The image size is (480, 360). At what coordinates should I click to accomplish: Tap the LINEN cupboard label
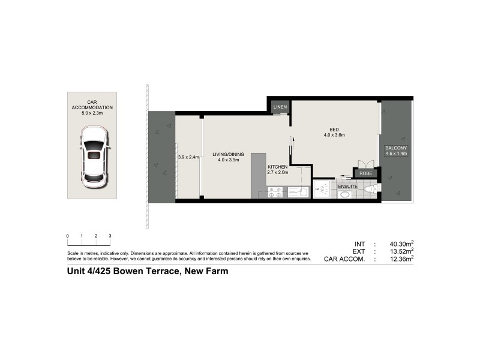280,107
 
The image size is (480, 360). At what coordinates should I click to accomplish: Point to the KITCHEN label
278,167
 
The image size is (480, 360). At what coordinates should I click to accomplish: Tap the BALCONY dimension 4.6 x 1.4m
396,154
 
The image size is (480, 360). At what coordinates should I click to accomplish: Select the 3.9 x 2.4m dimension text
188,157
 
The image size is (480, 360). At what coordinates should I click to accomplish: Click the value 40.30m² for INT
400,244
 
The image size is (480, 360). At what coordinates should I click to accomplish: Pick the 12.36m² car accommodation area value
400,259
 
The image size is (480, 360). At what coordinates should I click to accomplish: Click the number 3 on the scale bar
110,236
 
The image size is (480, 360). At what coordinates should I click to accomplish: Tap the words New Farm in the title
205,271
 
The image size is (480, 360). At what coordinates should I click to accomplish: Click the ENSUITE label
349,186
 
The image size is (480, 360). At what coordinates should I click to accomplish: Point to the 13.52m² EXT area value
400,251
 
